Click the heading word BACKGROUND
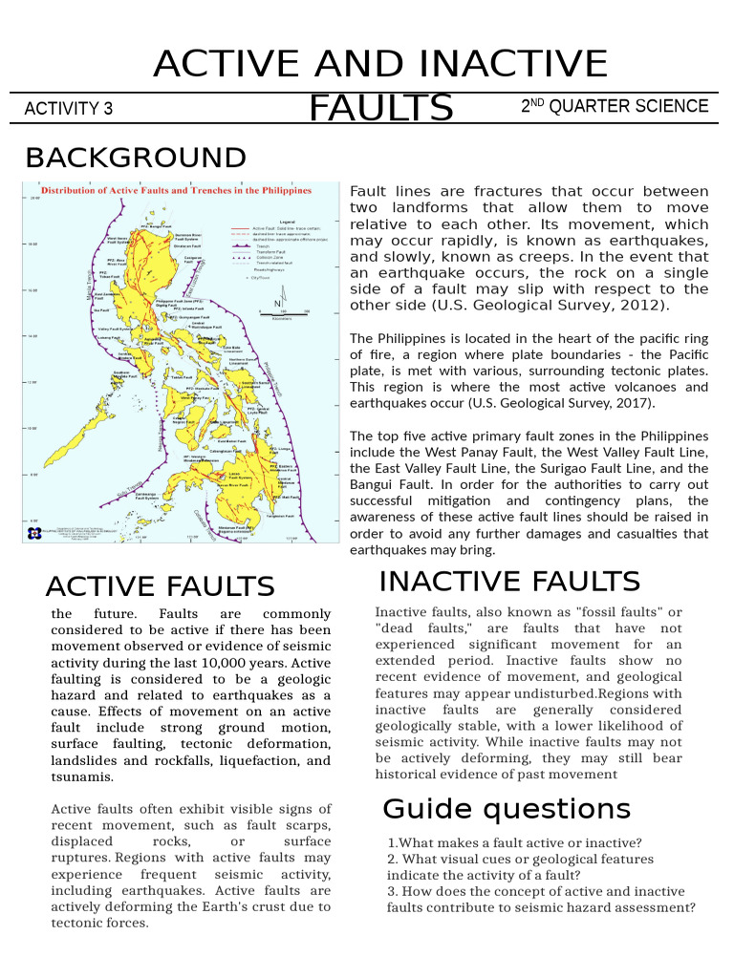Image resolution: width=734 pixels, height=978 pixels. pyautogui.click(x=135, y=158)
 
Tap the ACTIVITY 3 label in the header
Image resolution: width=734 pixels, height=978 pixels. pyautogui.click(x=68, y=109)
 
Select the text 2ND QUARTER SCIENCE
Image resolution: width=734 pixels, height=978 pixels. pyautogui.click(x=615, y=106)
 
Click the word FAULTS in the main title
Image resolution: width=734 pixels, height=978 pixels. pyautogui.click(x=380, y=109)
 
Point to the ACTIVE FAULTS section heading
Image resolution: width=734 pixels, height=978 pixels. pyautogui.click(x=160, y=585)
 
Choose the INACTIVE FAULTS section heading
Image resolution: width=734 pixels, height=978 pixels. pyautogui.click(x=509, y=581)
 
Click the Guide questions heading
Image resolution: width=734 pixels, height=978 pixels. pyautogui.click(x=507, y=809)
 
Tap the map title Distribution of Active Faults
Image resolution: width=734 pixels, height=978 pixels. pyautogui.click(x=177, y=191)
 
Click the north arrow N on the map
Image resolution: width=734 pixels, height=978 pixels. pyautogui.click(x=277, y=304)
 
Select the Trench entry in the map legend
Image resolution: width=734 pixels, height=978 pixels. pyautogui.click(x=262, y=245)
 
